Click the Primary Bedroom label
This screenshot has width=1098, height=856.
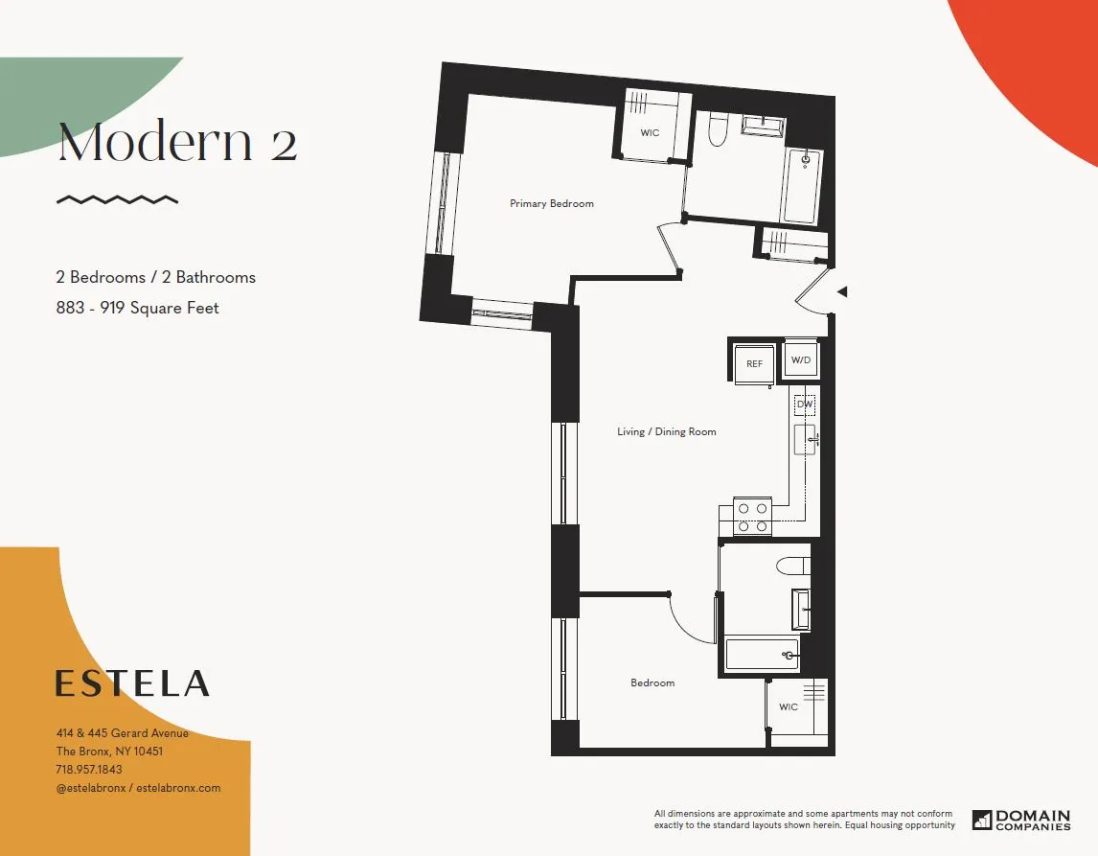551,203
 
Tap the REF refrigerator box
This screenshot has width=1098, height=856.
754,363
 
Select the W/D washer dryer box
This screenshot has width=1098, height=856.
801,360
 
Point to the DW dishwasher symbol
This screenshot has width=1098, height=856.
805,405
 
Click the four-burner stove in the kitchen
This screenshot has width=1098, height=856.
752,518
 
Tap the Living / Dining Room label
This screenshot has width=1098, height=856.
666,431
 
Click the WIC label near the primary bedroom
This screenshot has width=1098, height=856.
650,133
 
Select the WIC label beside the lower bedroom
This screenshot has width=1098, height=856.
788,707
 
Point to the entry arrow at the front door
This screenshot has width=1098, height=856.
842,291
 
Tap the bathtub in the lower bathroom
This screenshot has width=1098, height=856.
762,655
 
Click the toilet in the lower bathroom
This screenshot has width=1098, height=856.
793,566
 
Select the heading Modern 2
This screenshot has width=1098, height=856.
178,143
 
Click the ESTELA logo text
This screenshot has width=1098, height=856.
132,683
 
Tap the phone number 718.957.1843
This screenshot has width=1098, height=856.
89,770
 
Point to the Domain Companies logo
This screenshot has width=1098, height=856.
1021,820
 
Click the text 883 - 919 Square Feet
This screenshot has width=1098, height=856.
137,308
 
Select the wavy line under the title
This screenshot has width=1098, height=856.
117,199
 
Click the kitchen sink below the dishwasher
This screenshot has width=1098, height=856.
804,440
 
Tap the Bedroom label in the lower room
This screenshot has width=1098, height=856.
652,682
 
